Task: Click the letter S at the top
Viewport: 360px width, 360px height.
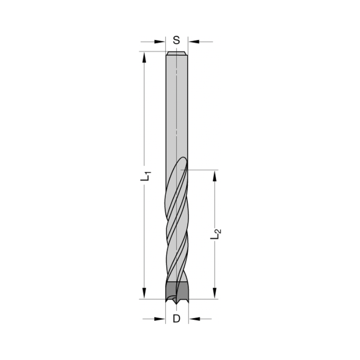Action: [x=176, y=40]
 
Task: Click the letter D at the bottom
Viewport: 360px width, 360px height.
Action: [x=176, y=319]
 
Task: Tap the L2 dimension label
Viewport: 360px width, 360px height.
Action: [x=216, y=234]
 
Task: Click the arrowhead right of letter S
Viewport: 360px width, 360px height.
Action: [x=194, y=42]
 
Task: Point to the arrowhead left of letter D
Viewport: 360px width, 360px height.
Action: [x=159, y=319]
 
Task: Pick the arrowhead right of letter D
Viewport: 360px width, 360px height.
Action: [x=194, y=319]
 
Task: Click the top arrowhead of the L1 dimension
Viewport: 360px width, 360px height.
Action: [x=144, y=57]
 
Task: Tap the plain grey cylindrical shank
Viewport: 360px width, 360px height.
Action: [x=176, y=108]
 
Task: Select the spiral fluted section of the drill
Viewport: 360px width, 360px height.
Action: [x=176, y=223]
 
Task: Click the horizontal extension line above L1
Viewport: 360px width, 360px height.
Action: [x=151, y=51]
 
